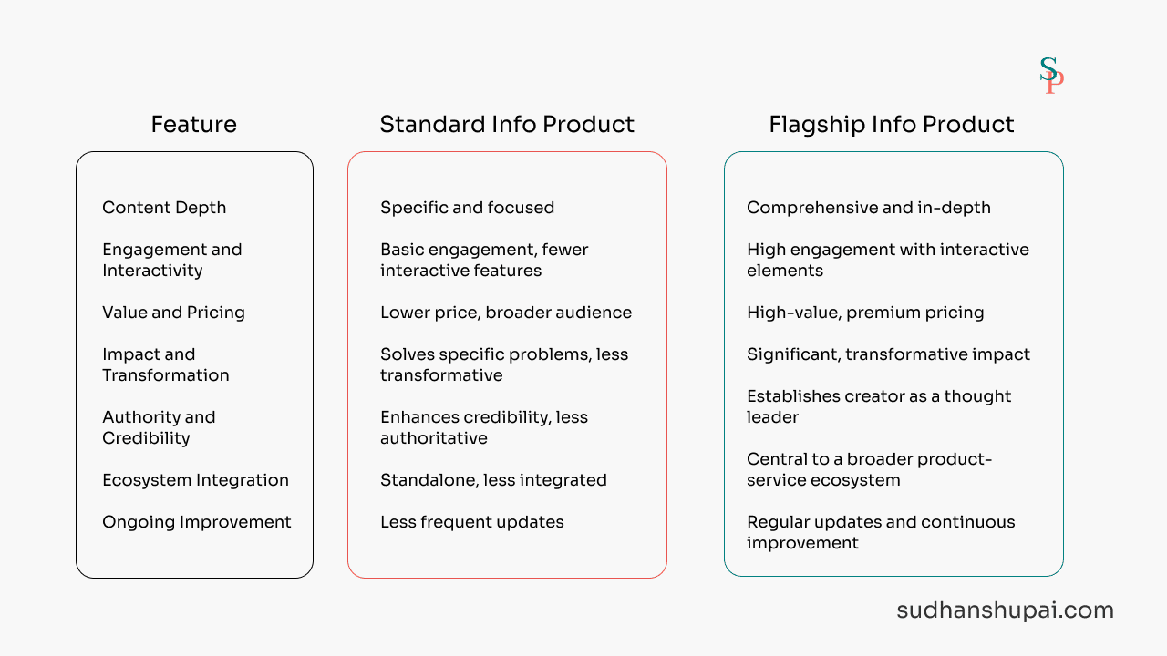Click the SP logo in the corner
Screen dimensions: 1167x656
[x=1051, y=76]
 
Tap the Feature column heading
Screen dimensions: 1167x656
[x=194, y=125]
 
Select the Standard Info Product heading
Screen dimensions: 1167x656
[x=507, y=125]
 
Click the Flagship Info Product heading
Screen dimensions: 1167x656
[x=892, y=125]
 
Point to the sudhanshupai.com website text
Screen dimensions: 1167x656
[x=1005, y=610]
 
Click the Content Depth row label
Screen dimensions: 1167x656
[x=164, y=208]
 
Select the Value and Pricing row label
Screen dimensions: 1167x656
[x=173, y=313]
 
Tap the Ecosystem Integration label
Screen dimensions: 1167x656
[x=195, y=480]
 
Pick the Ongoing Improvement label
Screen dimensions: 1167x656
[x=196, y=522]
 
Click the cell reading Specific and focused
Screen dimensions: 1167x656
[x=468, y=208]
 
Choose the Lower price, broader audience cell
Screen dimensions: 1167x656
[x=506, y=313]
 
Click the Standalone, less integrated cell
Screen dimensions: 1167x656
[x=493, y=480]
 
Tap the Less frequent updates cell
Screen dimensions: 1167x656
[x=472, y=522]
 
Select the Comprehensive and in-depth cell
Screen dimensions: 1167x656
[x=869, y=208]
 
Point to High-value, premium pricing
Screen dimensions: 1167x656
[x=865, y=313]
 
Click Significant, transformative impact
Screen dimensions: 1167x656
[x=888, y=354]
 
